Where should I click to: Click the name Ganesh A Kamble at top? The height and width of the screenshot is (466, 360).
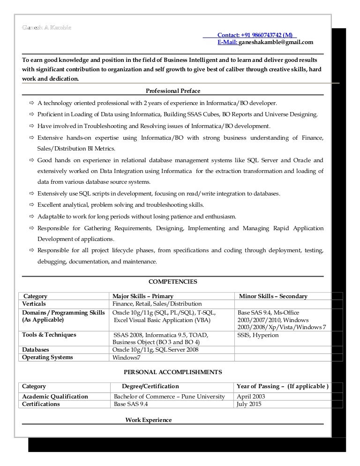(x=46, y=27)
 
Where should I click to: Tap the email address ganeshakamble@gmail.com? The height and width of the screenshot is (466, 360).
(x=276, y=43)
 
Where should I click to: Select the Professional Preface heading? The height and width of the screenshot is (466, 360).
(x=173, y=90)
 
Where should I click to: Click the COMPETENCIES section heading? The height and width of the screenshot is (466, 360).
(x=172, y=282)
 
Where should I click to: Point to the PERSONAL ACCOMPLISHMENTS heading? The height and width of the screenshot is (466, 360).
(x=172, y=372)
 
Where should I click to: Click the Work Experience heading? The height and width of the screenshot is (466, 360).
(x=148, y=420)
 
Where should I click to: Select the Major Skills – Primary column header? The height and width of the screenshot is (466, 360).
(x=143, y=296)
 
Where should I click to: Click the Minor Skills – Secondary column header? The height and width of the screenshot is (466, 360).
(x=273, y=296)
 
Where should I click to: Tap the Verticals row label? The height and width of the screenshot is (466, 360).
(x=34, y=304)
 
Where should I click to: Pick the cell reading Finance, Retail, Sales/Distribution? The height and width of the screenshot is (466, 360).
(x=157, y=304)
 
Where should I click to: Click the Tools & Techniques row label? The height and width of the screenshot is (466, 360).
(x=49, y=335)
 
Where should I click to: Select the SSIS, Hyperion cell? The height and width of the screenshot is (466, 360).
(x=258, y=335)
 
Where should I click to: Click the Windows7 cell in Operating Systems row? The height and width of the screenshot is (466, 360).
(x=126, y=358)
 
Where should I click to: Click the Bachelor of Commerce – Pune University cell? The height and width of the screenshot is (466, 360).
(x=169, y=397)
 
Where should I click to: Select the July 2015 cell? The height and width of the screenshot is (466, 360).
(x=249, y=404)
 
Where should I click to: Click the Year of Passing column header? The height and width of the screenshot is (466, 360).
(x=282, y=386)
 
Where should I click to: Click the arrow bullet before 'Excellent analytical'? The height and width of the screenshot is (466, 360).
(x=31, y=205)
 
